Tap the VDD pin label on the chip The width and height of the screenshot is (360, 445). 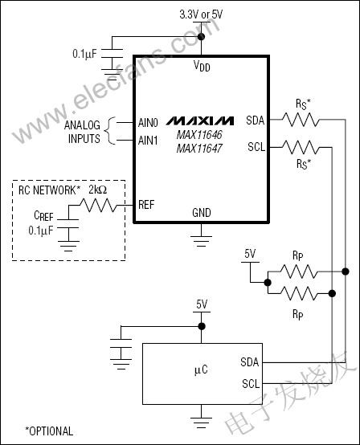click(x=201, y=66)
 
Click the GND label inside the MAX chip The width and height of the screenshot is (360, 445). click(x=201, y=213)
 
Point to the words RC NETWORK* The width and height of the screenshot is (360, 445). click(x=52, y=190)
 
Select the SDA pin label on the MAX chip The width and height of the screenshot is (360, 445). click(x=255, y=120)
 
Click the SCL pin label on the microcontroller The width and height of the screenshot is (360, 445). click(x=250, y=383)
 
